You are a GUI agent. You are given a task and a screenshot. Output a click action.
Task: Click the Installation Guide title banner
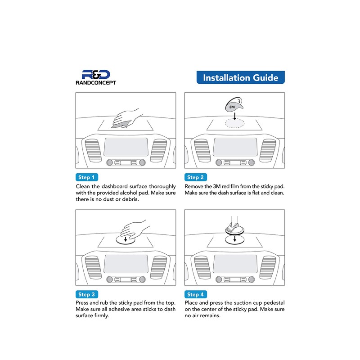coord(241,77)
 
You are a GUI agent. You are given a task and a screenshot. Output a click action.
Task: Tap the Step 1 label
coord(87,177)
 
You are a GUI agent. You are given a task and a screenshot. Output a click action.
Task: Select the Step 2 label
coord(196,177)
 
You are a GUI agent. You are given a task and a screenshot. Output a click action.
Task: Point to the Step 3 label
coord(87,294)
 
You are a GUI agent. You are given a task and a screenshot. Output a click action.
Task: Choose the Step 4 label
coord(196,294)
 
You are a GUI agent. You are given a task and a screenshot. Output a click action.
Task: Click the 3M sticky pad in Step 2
coord(233,106)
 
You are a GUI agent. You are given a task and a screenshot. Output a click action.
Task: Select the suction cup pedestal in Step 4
coord(234,227)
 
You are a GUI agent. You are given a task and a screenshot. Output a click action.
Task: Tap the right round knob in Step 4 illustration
coord(251,280)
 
